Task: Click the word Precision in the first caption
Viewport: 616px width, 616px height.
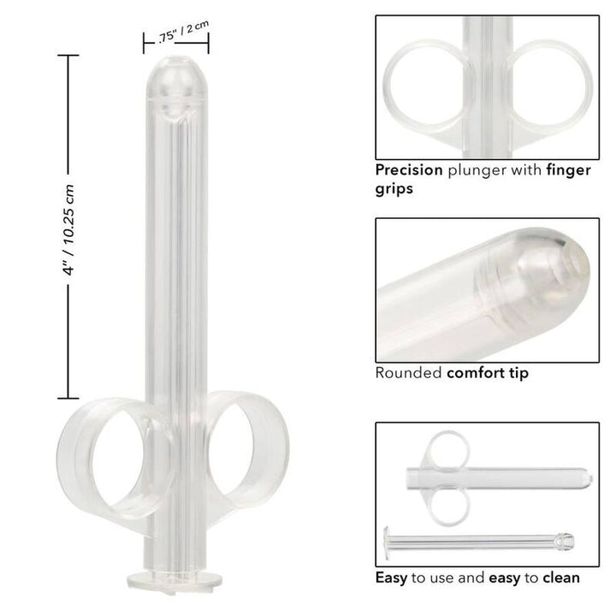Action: pyautogui.click(x=409, y=169)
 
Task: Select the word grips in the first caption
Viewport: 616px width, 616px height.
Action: pyautogui.click(x=395, y=188)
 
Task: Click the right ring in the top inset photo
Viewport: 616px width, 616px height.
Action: pyautogui.click(x=548, y=86)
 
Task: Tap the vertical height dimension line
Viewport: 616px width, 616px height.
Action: pyautogui.click(x=62, y=228)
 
